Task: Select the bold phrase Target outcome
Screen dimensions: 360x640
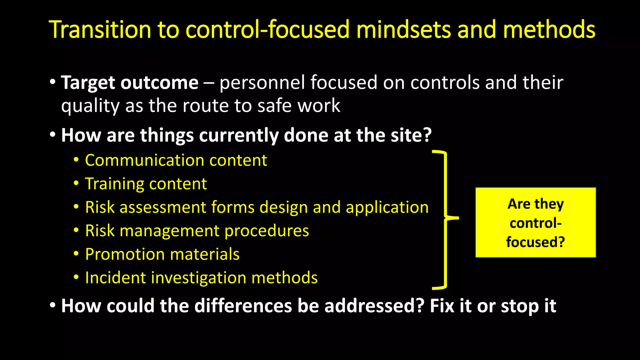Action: (x=130, y=83)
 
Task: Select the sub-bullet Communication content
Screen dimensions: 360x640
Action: (x=176, y=160)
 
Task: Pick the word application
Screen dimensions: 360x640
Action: (x=387, y=208)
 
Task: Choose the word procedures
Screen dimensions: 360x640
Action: (x=266, y=231)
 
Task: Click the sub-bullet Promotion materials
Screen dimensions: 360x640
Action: (x=162, y=254)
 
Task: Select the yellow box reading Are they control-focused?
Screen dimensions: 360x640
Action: (x=535, y=222)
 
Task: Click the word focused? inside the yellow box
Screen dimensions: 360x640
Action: (x=535, y=242)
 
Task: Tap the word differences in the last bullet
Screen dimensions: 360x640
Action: (x=243, y=306)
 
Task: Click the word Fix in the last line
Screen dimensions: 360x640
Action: (x=442, y=306)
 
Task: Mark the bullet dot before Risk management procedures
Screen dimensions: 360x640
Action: (x=76, y=231)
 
